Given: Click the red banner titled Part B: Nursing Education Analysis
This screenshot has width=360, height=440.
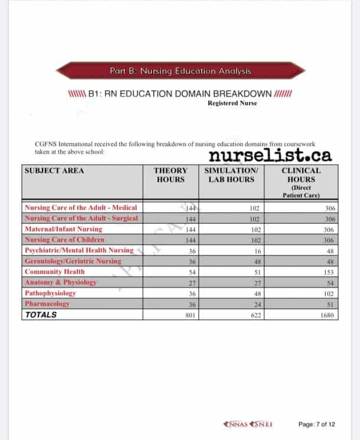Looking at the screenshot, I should [x=180, y=71].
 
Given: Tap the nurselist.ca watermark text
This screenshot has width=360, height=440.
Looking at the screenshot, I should [x=270, y=155].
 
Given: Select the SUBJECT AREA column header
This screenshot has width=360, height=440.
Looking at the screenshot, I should [x=54, y=171].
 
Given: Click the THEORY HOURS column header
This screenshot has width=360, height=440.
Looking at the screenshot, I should [x=171, y=175].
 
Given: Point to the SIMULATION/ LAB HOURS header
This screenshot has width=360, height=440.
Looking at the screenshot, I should [x=229, y=175].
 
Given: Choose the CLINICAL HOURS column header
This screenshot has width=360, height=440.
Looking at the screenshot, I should [x=301, y=175].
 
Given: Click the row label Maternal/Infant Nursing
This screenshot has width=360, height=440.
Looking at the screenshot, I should [x=63, y=229].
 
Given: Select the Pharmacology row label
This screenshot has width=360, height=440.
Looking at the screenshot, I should [x=47, y=304].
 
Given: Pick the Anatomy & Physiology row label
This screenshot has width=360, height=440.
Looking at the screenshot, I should [x=60, y=282].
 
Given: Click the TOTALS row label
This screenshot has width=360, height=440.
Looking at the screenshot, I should [x=41, y=315].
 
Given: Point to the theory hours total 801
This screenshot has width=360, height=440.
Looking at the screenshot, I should [x=190, y=315].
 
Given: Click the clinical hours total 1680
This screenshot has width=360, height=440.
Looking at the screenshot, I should [x=326, y=315].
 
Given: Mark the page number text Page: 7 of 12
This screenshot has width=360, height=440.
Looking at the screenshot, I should [x=317, y=424].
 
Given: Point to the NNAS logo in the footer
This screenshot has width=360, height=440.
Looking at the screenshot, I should [x=237, y=424].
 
